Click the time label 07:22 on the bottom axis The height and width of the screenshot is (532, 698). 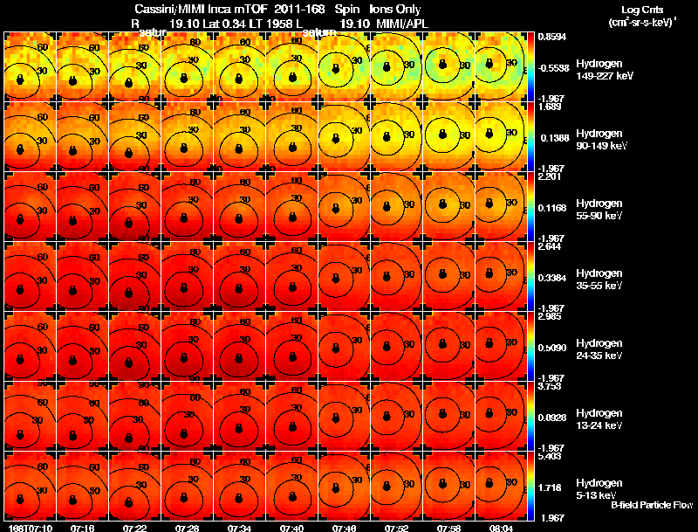(x=133, y=528)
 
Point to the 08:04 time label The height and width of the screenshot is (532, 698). (x=500, y=528)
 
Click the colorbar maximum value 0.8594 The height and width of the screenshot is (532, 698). (x=552, y=38)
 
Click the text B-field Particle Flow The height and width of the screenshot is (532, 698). (x=650, y=505)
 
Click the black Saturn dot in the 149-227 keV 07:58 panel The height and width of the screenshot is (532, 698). (x=444, y=64)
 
